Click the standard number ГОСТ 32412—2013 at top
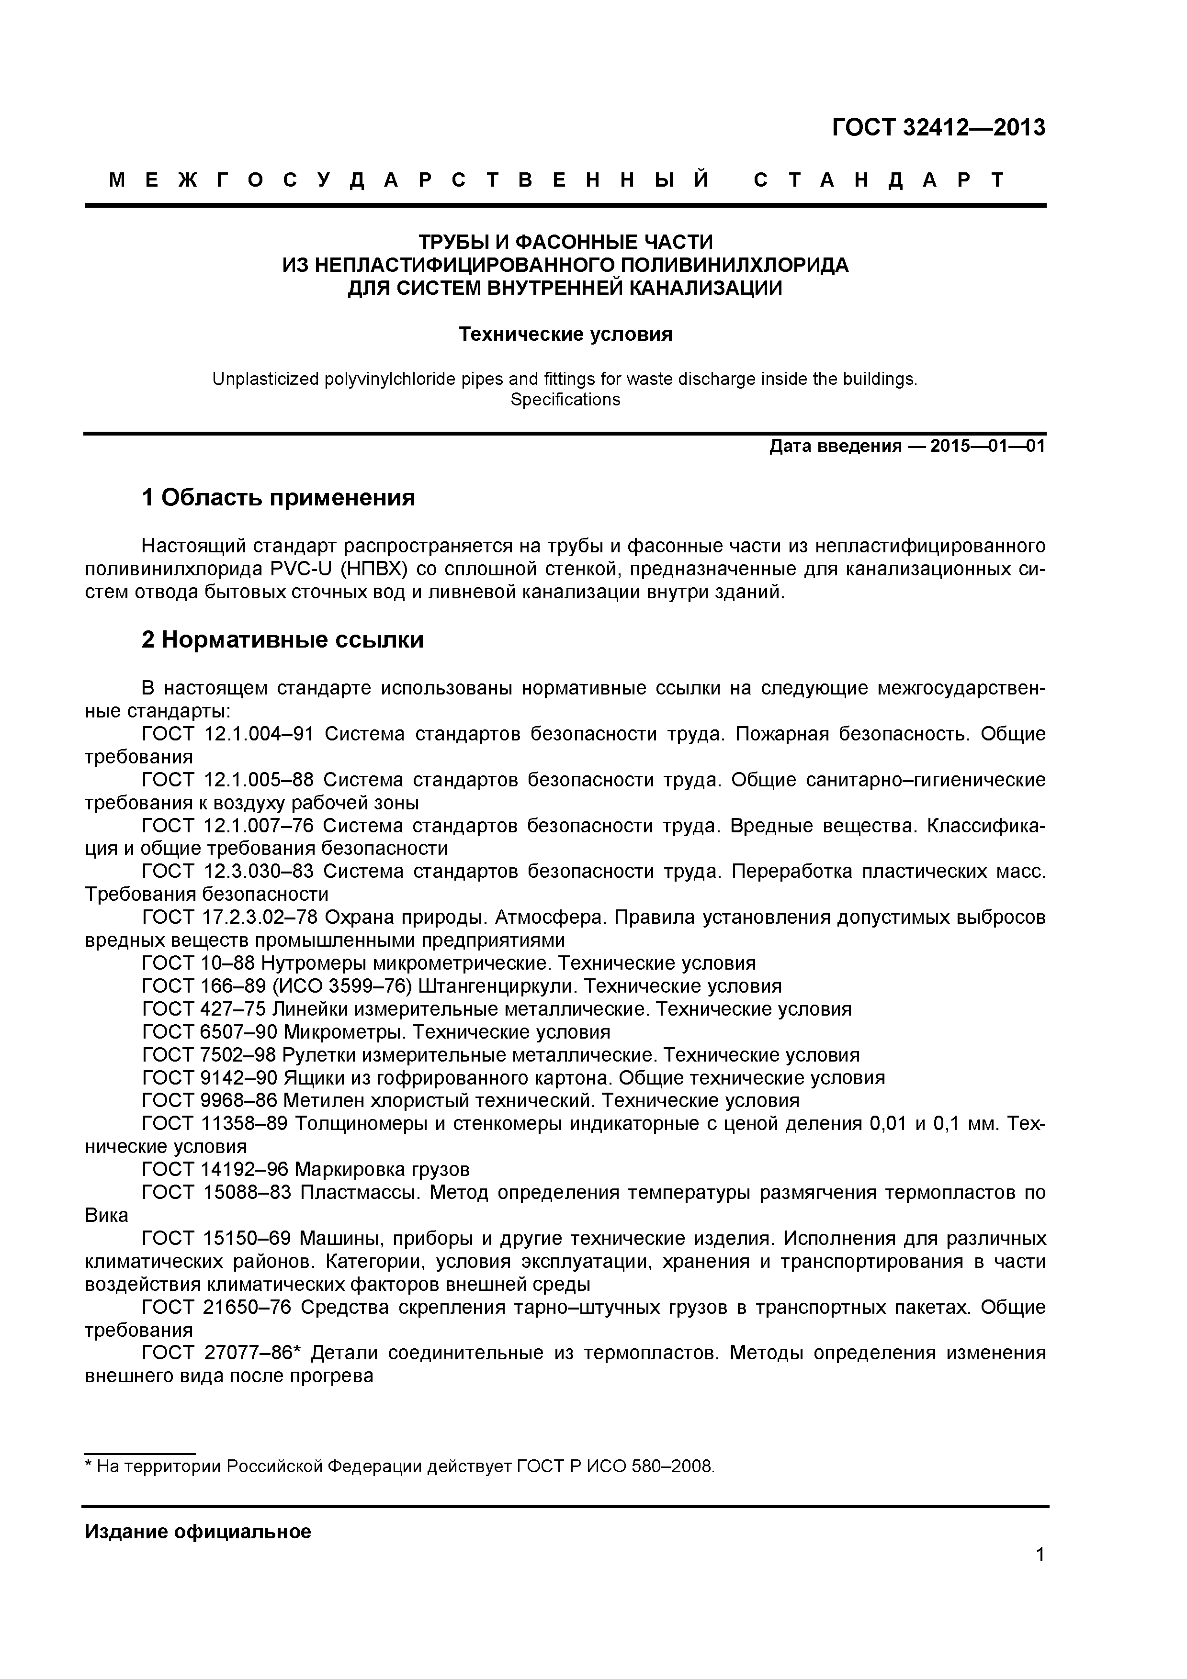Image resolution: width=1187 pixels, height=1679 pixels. [938, 127]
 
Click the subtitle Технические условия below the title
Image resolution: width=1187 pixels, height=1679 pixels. [565, 335]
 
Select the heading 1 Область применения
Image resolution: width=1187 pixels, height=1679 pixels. [278, 498]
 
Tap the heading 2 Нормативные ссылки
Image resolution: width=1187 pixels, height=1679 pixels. [283, 640]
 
